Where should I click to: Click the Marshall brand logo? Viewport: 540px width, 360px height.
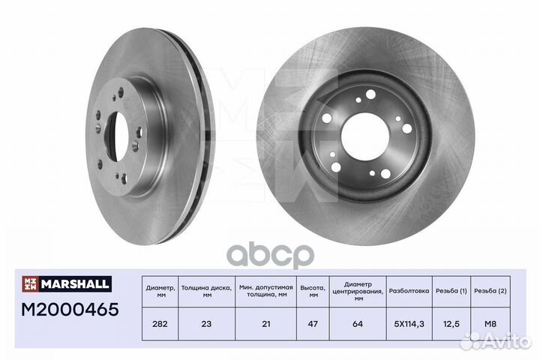pos(67,283)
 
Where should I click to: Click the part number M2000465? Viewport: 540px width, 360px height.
pos(70,310)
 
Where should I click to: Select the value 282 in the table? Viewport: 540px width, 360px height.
pos(160,324)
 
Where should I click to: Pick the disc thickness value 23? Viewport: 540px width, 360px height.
pos(206,324)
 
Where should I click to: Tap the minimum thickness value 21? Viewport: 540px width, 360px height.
pos(265,324)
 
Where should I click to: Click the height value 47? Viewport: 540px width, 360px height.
pos(313,324)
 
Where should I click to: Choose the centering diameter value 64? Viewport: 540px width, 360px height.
pos(358,324)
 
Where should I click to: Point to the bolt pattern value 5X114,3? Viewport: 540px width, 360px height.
pos(409,324)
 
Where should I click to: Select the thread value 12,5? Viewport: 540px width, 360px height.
pos(451,324)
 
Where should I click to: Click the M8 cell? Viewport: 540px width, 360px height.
pos(490,324)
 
